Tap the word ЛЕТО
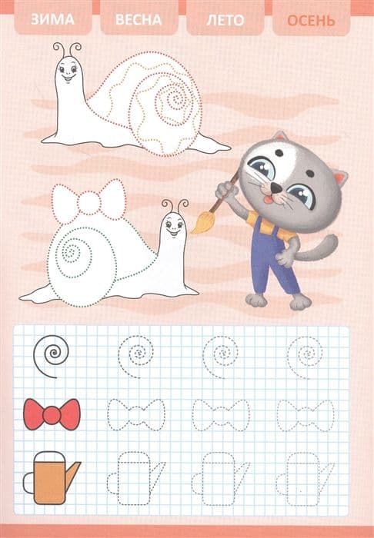click(225, 20)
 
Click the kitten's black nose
click(275, 187)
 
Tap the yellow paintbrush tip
click(200, 222)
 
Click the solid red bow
click(52, 414)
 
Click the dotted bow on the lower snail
click(89, 202)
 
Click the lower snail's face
click(173, 226)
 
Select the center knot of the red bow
click(52, 414)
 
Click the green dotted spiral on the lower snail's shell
click(72, 253)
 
